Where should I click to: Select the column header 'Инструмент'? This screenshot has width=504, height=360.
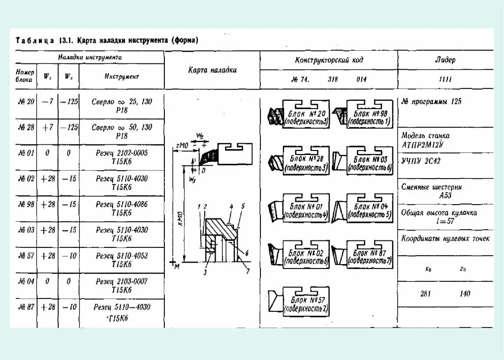[122, 77]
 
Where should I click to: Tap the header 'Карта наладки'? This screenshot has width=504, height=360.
[212, 70]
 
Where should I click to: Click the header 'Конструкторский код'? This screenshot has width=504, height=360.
[329, 60]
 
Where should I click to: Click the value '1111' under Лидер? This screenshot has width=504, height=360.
[445, 79]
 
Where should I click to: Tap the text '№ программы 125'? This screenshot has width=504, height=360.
[432, 102]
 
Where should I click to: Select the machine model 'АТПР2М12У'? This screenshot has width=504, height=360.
[422, 144]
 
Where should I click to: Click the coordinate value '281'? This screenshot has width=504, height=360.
[426, 294]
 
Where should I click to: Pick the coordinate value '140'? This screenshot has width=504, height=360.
[465, 294]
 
